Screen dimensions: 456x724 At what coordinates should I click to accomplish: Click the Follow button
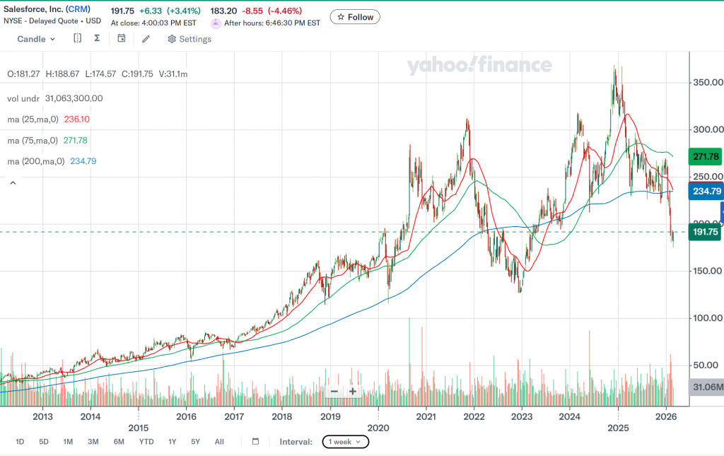coord(355,17)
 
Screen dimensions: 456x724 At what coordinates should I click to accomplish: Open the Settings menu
coord(189,39)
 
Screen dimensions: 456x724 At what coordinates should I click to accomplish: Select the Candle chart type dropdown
coord(36,39)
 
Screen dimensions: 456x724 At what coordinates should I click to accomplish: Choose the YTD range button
coord(146,442)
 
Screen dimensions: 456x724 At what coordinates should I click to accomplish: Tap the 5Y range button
coord(195,442)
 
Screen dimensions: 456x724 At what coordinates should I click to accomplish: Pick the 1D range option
coord(20,442)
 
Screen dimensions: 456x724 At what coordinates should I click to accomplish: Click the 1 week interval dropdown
coord(345,442)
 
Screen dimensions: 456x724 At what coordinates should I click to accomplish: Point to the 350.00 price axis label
coord(707,83)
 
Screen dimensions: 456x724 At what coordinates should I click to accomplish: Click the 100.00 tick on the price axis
coord(707,318)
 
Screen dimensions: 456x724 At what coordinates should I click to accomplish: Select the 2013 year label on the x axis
coord(43,417)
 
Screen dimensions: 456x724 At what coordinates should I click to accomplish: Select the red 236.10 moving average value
coord(77,119)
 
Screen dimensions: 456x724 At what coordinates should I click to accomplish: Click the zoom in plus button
coord(353,391)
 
